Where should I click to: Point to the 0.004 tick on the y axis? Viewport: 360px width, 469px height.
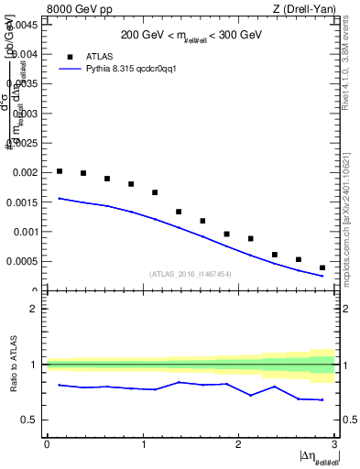[x=27, y=54]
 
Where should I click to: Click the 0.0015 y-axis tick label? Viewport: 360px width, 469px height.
[x=24, y=202]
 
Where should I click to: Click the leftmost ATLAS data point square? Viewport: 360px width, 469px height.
[x=60, y=171]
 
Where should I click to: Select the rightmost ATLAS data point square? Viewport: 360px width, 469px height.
[x=322, y=267]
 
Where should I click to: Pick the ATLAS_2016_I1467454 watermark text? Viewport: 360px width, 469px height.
[x=190, y=273]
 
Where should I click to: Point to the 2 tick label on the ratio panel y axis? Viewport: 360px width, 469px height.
[x=36, y=309]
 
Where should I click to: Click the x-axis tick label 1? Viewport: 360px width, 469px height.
[x=143, y=444]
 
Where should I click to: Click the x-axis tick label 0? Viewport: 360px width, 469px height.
[x=47, y=444]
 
